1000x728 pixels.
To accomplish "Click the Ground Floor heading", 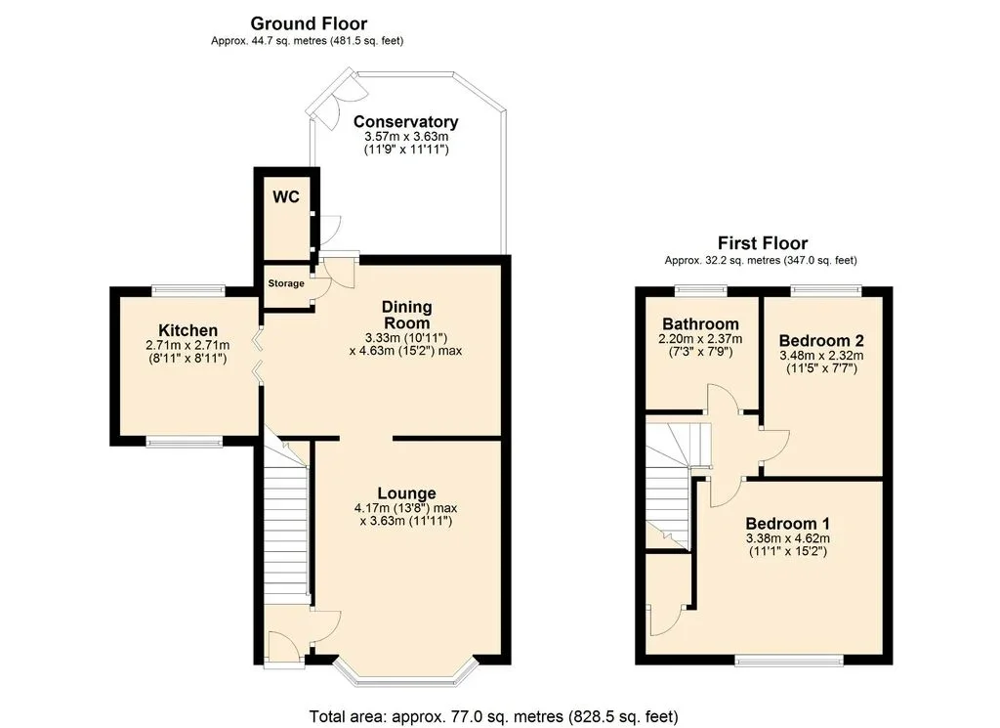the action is pos(309,23).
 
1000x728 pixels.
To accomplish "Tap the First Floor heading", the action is pos(763,243).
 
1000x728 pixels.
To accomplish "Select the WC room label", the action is pos(286,197).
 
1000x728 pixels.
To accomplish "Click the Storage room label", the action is pos(286,283).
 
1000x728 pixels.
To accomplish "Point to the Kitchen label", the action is pos(188,330).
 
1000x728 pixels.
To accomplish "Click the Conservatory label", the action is pos(405,121).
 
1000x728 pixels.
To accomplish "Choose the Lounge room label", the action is pos(407,493).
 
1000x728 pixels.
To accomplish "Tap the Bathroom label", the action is pos(700,324).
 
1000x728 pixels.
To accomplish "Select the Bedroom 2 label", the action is pos(821,341).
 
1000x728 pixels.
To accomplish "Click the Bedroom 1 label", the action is pos(788,524).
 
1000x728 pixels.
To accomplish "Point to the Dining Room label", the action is pos(407,315).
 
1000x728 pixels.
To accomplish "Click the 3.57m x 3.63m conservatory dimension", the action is pos(406,137).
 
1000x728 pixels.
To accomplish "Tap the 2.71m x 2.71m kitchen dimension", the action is pos(187,345).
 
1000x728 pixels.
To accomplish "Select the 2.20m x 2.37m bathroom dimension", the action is pos(700,339).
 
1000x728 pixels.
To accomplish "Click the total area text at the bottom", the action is pos(493,716).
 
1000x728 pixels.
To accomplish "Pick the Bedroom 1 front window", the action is pos(789,660).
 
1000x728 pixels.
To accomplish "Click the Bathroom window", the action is pos(701,291).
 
